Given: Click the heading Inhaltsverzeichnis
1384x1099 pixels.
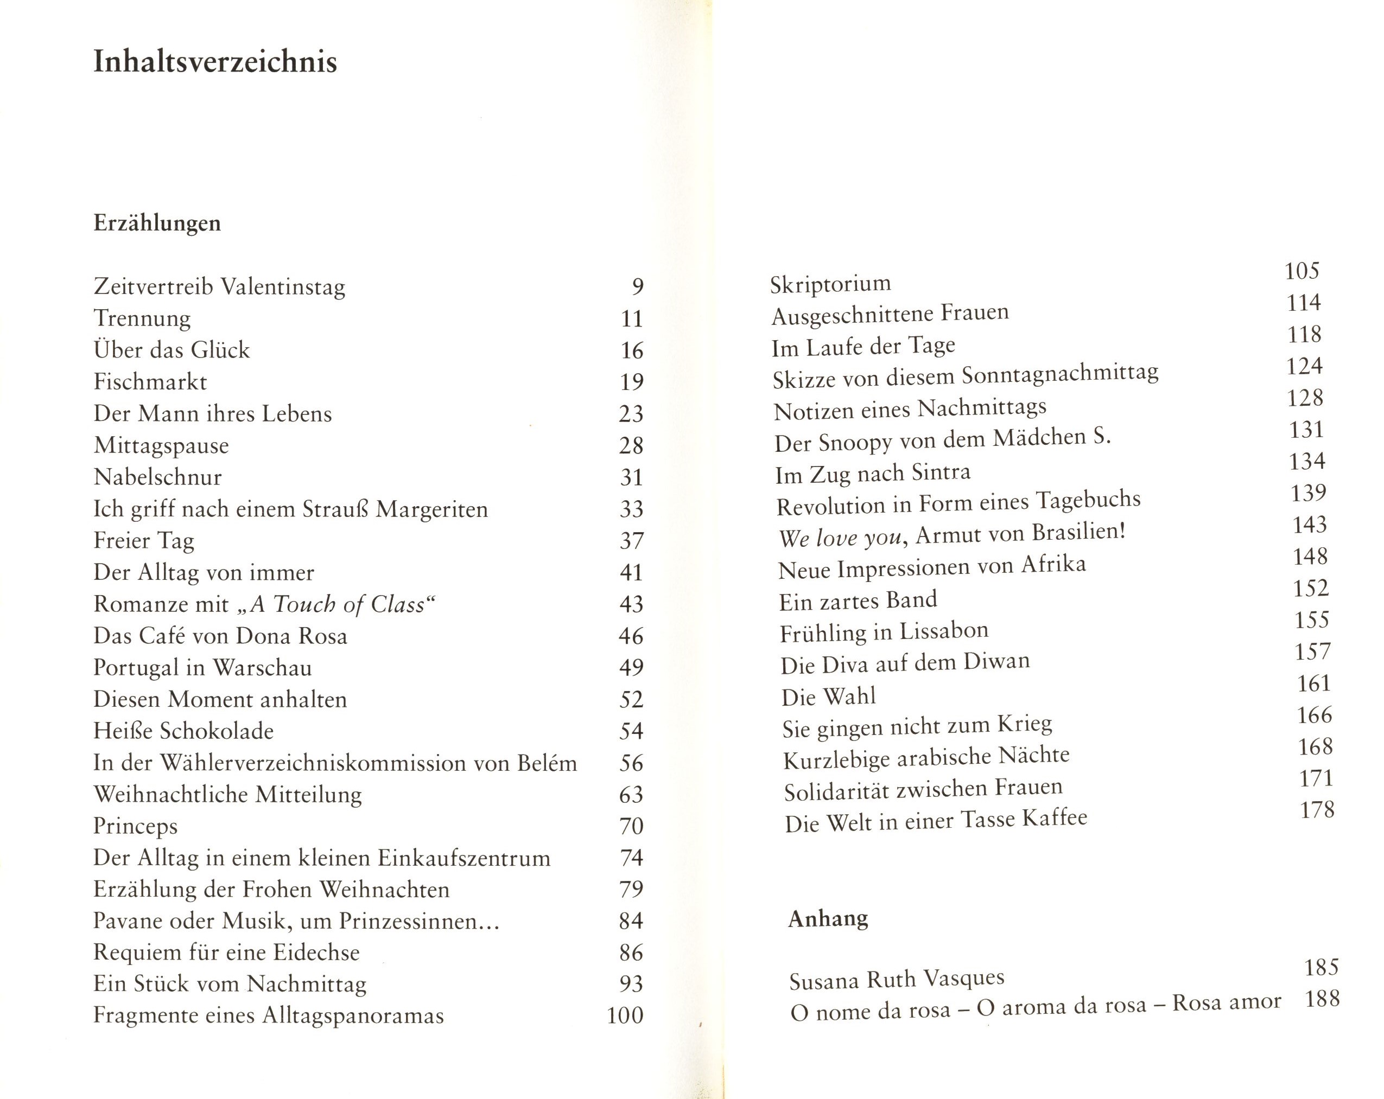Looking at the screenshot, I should click(x=215, y=62).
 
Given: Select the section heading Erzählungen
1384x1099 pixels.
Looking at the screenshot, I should click(x=157, y=223).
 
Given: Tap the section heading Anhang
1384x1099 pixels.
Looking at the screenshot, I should click(x=828, y=919).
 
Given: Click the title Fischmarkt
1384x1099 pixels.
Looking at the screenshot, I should click(x=150, y=382).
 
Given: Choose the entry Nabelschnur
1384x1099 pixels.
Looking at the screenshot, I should click(x=158, y=477).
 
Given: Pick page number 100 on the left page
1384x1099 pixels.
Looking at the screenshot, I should click(x=625, y=1015).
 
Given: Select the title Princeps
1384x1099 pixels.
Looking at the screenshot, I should click(x=136, y=826).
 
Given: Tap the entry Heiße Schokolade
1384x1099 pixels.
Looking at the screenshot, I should click(x=183, y=731).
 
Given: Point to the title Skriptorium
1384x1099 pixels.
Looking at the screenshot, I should click(x=830, y=284).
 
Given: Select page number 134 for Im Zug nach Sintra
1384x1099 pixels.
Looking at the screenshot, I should click(x=1307, y=461).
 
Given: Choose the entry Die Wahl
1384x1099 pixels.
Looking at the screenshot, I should click(x=828, y=697).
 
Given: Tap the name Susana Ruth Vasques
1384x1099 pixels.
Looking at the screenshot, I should click(x=897, y=980).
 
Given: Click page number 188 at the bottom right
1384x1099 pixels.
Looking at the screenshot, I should click(x=1322, y=998).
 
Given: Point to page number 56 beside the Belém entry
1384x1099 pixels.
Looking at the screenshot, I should click(x=631, y=763).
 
